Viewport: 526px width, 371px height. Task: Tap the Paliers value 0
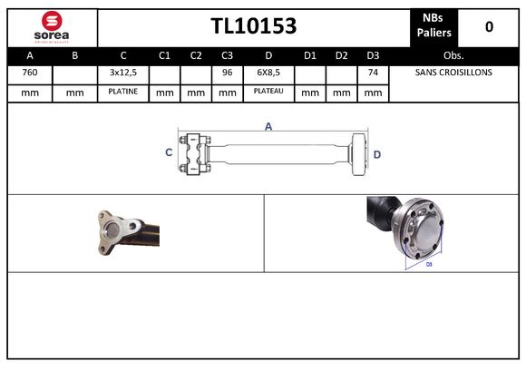pos(489,26)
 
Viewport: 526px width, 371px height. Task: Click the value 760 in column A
pos(29,73)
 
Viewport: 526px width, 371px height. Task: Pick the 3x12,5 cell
pos(122,73)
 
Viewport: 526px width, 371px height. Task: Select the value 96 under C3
pos(228,73)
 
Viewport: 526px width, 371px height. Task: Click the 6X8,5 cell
pos(268,73)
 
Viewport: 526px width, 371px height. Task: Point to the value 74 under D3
pos(372,73)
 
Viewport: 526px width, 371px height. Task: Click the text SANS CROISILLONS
pos(453,73)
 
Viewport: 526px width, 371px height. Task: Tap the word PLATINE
pos(122,92)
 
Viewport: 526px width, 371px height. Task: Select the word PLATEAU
pos(268,92)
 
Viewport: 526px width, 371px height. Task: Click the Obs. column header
pos(453,54)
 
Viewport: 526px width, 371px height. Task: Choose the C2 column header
pos(196,54)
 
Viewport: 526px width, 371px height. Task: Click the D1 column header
pos(310,54)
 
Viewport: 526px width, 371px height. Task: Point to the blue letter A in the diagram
pos(268,127)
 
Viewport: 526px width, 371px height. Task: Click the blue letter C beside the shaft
pos(169,152)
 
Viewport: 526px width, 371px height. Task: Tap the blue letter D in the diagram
pos(376,154)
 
